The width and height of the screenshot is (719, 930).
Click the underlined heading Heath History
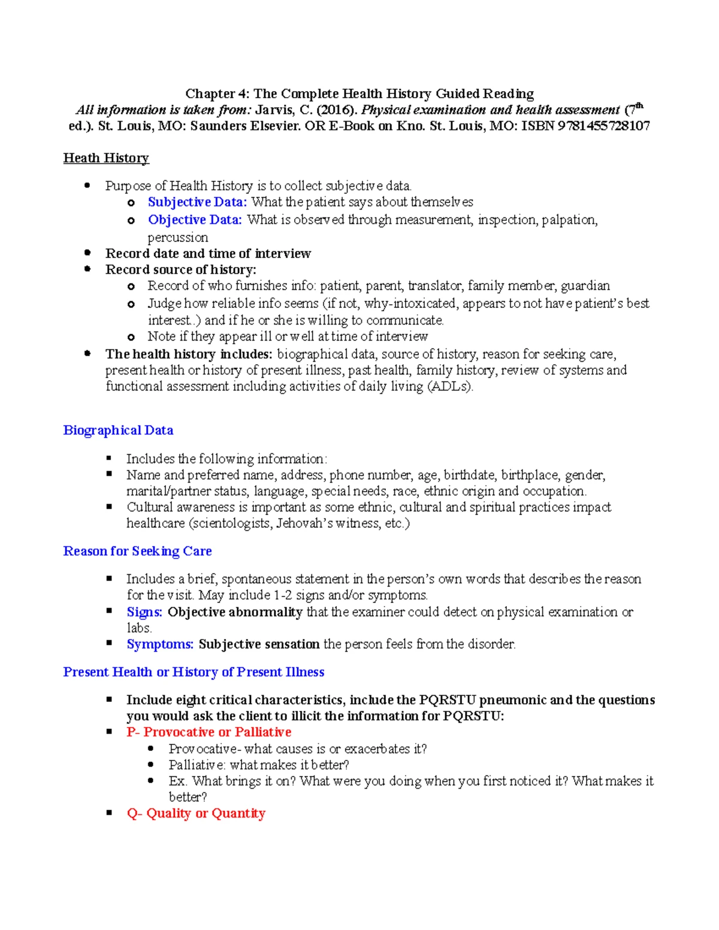tap(106, 158)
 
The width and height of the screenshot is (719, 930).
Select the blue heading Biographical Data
tap(118, 430)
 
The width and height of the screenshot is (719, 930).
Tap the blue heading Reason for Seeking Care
tap(137, 551)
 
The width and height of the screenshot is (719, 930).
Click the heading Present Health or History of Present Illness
tap(194, 672)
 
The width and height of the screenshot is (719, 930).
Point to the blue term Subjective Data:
tap(197, 202)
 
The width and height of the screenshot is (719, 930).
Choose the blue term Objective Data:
tap(195, 220)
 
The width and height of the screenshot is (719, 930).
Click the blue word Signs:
tap(144, 612)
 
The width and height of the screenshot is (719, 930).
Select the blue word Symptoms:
tap(160, 644)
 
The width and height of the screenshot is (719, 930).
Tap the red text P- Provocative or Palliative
tap(209, 732)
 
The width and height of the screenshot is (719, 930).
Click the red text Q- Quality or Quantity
tap(196, 813)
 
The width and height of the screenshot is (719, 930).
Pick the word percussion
tap(178, 237)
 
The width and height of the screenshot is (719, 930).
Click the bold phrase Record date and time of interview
tap(208, 253)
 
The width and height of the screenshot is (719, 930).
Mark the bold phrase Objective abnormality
tap(235, 612)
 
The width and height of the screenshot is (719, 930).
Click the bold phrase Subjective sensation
tap(259, 644)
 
